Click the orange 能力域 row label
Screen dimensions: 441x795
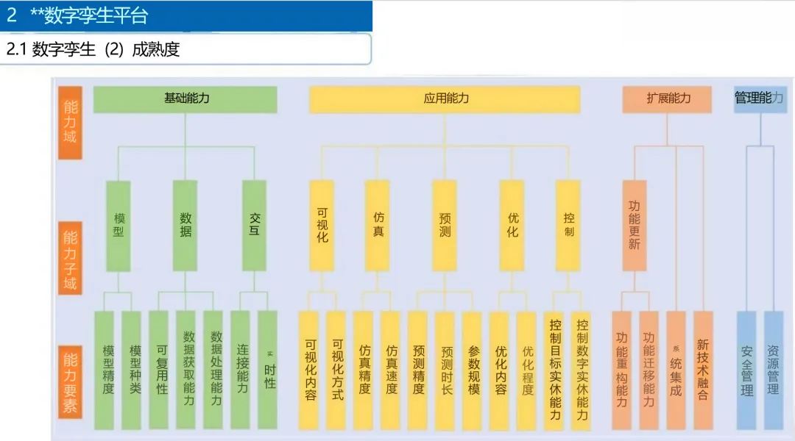click(x=70, y=121)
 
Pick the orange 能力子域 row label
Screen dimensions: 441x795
click(x=70, y=259)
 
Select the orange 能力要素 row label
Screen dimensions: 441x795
click(x=70, y=382)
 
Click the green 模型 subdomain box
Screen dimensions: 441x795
click(x=119, y=225)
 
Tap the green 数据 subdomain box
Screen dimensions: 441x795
click(x=185, y=225)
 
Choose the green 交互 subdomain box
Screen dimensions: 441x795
click(x=255, y=225)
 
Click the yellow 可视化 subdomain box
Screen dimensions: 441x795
click(x=322, y=225)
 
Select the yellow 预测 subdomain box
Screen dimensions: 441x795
click(x=445, y=225)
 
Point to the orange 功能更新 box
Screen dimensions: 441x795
click(x=634, y=225)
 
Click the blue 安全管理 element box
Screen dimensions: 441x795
click(x=746, y=370)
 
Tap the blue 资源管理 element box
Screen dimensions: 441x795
click(x=773, y=370)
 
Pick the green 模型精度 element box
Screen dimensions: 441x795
click(x=105, y=370)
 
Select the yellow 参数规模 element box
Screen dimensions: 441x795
click(x=473, y=370)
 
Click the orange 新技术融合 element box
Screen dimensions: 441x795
click(x=703, y=370)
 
